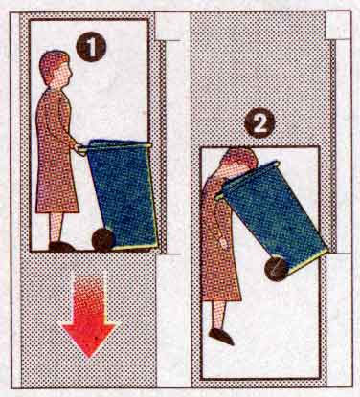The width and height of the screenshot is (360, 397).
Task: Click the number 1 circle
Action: [x=91, y=47]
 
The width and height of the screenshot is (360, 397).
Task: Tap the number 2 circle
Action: [x=259, y=122]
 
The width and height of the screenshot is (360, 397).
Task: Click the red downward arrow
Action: [x=89, y=316]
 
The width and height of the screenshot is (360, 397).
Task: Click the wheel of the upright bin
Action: [x=103, y=239]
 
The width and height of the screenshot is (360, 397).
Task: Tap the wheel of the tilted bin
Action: [x=277, y=269]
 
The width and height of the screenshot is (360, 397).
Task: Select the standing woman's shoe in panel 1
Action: [x=61, y=246]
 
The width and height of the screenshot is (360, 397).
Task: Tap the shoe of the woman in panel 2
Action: [x=221, y=337]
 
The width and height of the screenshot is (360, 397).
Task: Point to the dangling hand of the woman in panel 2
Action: [x=224, y=244]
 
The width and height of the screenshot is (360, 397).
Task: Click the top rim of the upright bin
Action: [x=118, y=145]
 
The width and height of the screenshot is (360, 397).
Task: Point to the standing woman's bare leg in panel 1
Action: [x=56, y=227]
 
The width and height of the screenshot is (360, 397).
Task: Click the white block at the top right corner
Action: [x=338, y=26]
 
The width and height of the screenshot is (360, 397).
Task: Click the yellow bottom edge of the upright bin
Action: [x=136, y=247]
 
